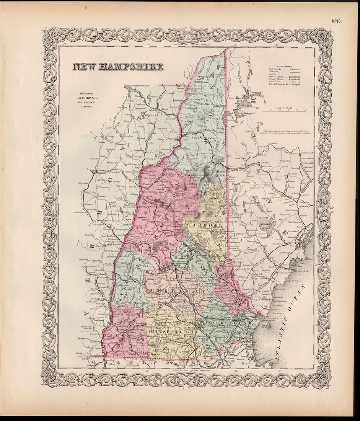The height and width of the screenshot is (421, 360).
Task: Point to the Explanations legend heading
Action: tap(283, 66)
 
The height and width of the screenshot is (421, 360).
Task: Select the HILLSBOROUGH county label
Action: tap(168, 331)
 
